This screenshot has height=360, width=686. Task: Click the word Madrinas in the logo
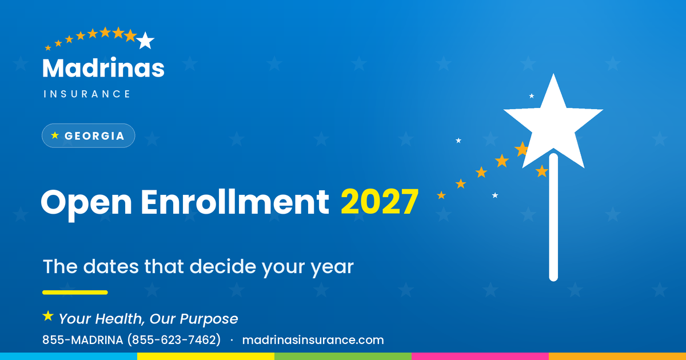pos(103,67)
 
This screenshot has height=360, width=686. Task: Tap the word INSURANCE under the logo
pos(87,94)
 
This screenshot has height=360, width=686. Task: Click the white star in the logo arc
pos(145,41)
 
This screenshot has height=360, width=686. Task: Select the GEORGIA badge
pos(89,135)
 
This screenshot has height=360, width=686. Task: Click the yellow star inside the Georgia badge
pos(55,135)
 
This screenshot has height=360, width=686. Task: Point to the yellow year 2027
pos(380,202)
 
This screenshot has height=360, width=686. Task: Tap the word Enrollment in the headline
pos(235,202)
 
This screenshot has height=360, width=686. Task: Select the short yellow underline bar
pos(75,293)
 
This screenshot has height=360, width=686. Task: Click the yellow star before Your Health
pos(48,316)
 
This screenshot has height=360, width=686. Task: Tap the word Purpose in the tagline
pos(209,319)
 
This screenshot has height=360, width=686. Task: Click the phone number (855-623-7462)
pos(174,340)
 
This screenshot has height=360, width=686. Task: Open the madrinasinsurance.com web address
pos(313,340)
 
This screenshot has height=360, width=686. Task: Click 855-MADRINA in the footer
pos(83,340)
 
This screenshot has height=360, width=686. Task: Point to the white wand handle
pos(553,217)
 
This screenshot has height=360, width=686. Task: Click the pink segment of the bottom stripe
pos(480,357)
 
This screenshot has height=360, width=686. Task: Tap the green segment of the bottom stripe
pos(343,357)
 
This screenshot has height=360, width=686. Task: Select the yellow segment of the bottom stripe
pos(206,357)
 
